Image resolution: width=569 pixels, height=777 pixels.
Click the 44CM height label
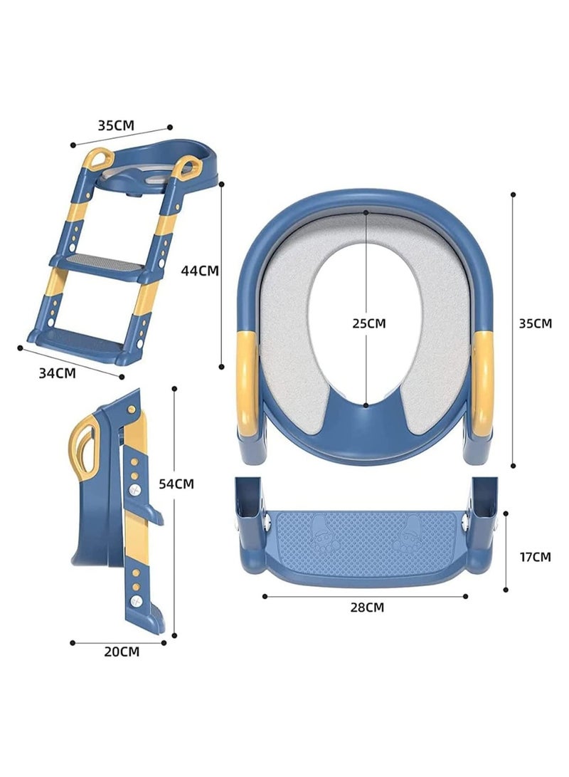click(x=199, y=271)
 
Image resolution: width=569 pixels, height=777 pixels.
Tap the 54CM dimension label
click(x=176, y=484)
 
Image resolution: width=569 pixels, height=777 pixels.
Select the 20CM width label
click(x=122, y=652)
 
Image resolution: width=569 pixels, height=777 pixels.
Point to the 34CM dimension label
click(x=58, y=372)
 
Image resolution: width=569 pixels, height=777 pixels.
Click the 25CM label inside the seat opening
click(x=369, y=323)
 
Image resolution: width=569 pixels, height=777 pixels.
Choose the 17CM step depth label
click(x=535, y=557)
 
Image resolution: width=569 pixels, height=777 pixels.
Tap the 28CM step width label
click(x=367, y=607)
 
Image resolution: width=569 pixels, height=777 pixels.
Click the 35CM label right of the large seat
click(x=535, y=323)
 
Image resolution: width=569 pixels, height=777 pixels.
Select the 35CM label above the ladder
click(x=116, y=125)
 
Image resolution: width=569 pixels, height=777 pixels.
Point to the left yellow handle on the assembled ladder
click(x=98, y=160)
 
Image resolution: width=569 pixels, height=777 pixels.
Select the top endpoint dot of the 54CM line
click(x=174, y=388)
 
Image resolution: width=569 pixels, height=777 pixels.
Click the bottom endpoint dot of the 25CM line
click(x=366, y=405)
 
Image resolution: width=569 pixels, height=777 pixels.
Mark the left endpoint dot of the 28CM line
click(x=265, y=596)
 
